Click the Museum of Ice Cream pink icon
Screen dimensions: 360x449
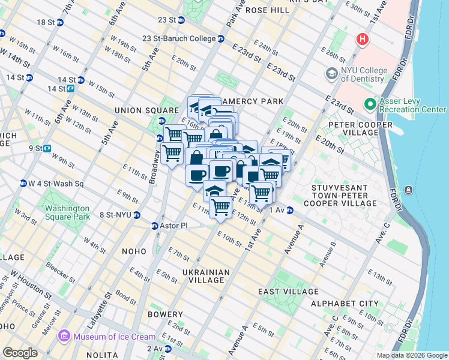(65, 337)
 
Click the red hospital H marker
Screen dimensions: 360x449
(362, 40)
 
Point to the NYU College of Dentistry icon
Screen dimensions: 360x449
(331, 74)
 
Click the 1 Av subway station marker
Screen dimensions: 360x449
(289, 210)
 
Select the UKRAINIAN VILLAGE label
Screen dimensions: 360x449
(206, 277)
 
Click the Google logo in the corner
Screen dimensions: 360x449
(20, 353)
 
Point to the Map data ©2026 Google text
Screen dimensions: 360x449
(412, 355)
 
